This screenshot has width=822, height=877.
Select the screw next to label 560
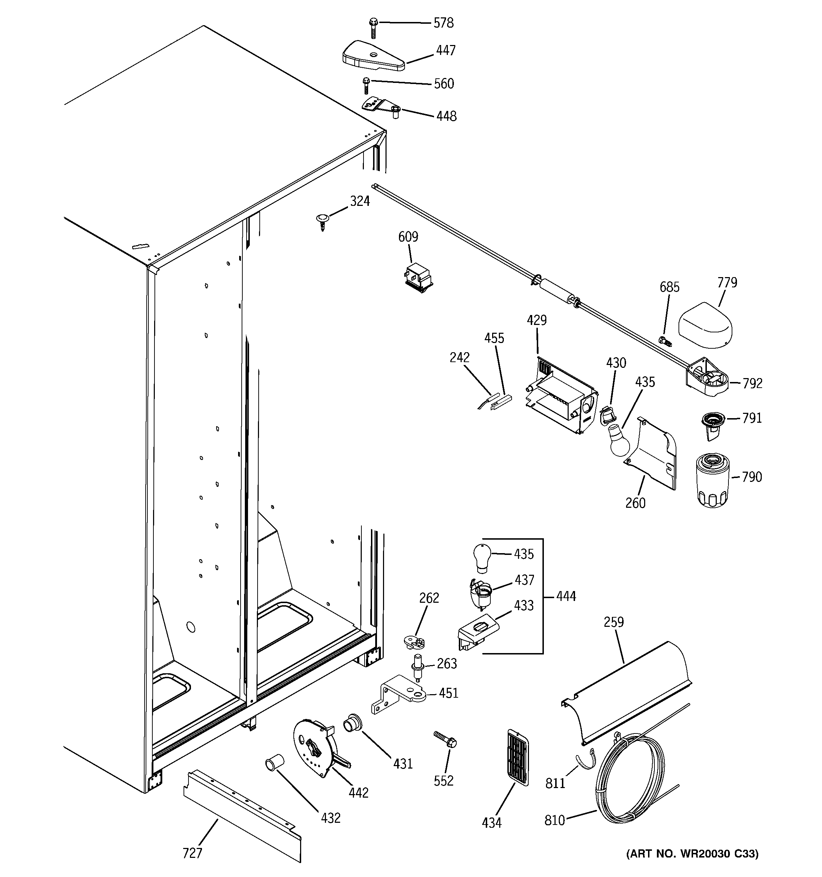366,86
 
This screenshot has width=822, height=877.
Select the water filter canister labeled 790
713,482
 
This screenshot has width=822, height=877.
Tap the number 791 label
752,418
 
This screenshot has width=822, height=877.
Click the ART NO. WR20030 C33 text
692,866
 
